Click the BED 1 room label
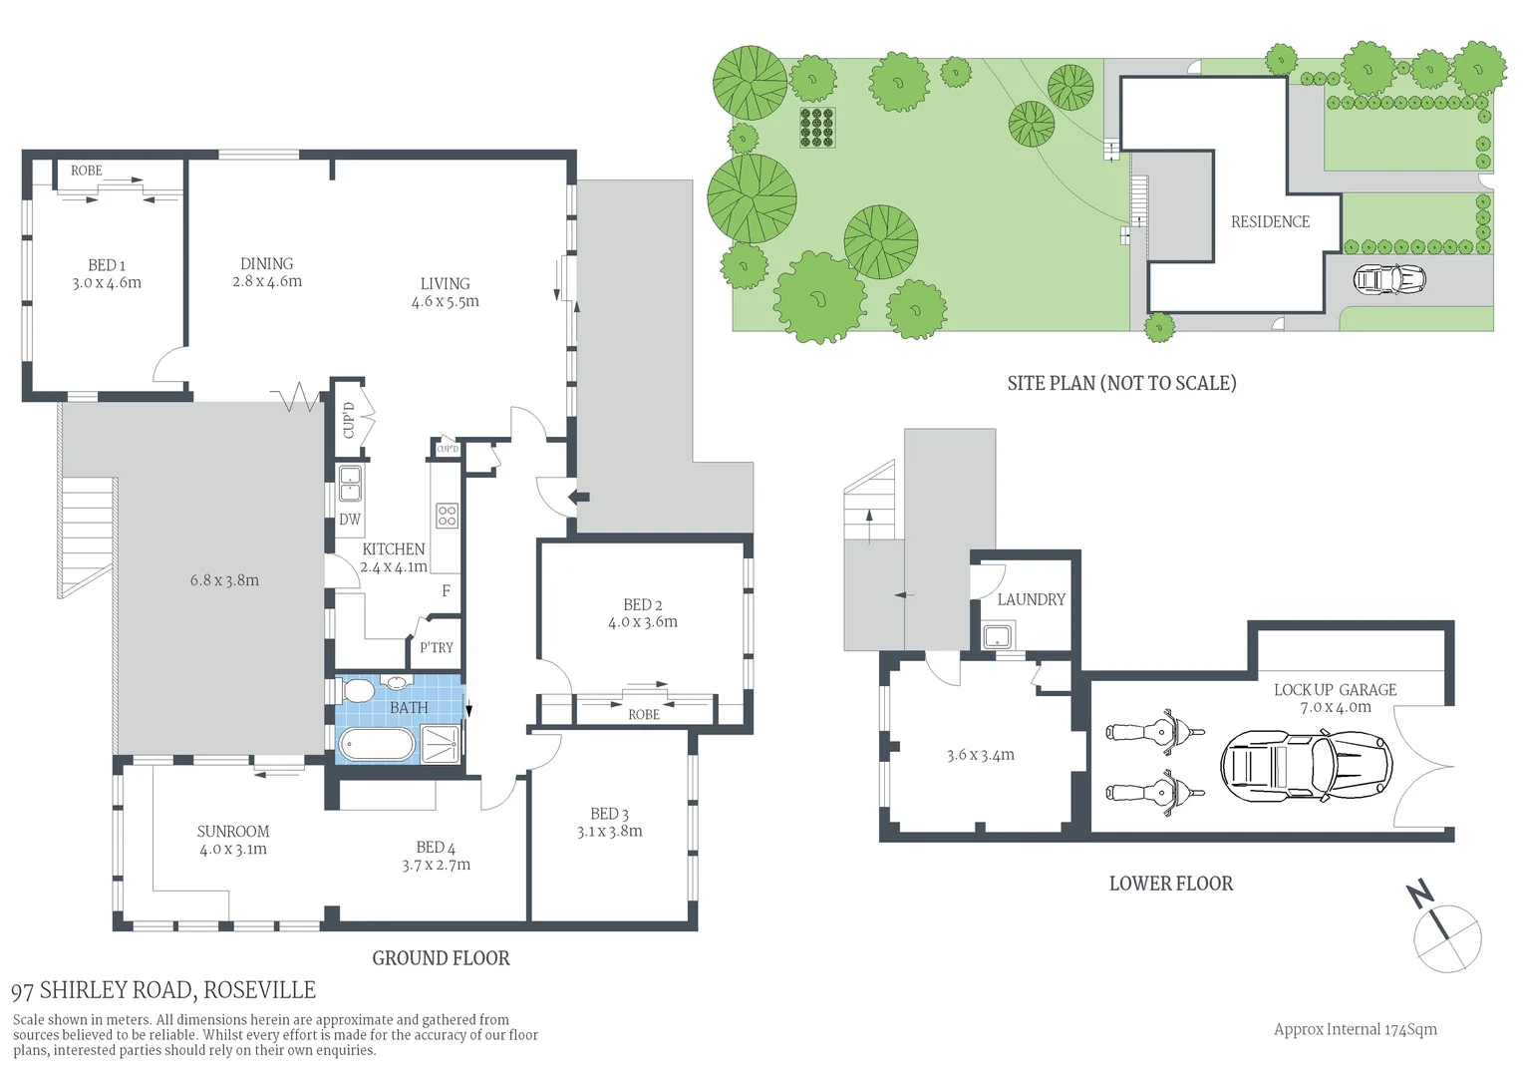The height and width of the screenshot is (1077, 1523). [107, 265]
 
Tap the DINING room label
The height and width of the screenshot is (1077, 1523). [266, 264]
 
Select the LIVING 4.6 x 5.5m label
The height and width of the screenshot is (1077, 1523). [445, 292]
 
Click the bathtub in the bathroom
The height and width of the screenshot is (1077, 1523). [376, 744]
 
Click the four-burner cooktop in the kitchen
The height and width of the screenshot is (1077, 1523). [447, 516]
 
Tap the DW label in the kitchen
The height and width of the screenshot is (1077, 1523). [350, 520]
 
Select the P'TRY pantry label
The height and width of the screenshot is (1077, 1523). [436, 647]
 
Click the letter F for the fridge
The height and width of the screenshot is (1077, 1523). [446, 591]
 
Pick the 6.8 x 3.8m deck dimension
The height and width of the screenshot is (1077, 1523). [224, 580]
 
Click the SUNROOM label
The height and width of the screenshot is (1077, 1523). [232, 832]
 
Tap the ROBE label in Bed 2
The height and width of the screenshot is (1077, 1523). [644, 714]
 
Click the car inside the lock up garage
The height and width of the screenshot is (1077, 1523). [1305, 766]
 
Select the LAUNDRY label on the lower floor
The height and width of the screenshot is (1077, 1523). [1031, 599]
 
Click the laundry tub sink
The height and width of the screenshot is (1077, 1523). [998, 635]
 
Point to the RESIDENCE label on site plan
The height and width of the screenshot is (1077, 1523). [1270, 221]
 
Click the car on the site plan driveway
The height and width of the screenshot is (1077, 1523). [1389, 278]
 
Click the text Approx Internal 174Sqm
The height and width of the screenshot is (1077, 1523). [1355, 1029]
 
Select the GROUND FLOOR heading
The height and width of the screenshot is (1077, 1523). [441, 958]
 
